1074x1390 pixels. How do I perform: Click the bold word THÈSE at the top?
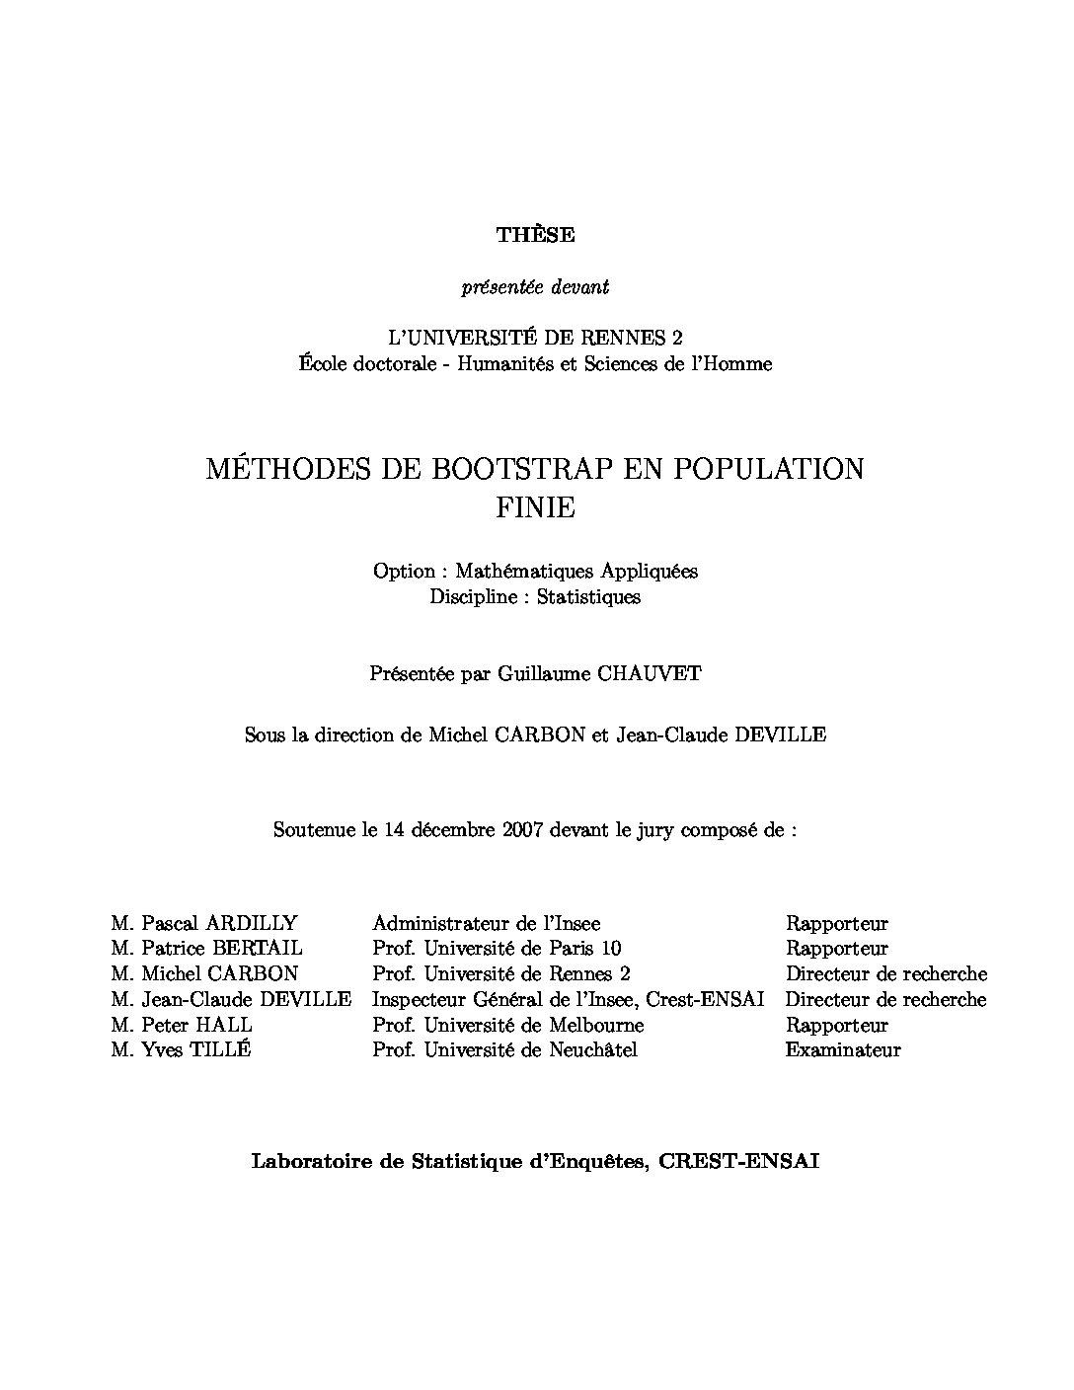[535, 235]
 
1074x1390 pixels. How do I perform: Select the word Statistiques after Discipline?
[588, 596]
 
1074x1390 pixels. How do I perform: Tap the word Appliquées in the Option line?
[651, 572]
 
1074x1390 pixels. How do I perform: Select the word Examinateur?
[842, 1049]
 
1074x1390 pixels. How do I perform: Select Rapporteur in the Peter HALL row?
[836, 1025]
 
